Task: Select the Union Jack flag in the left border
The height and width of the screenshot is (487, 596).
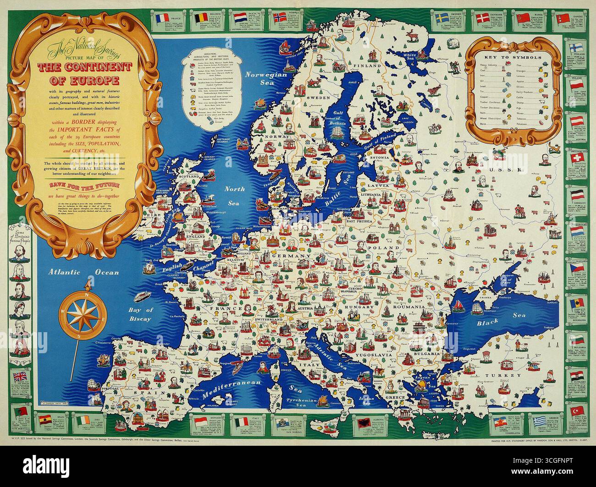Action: coord(19,377)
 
